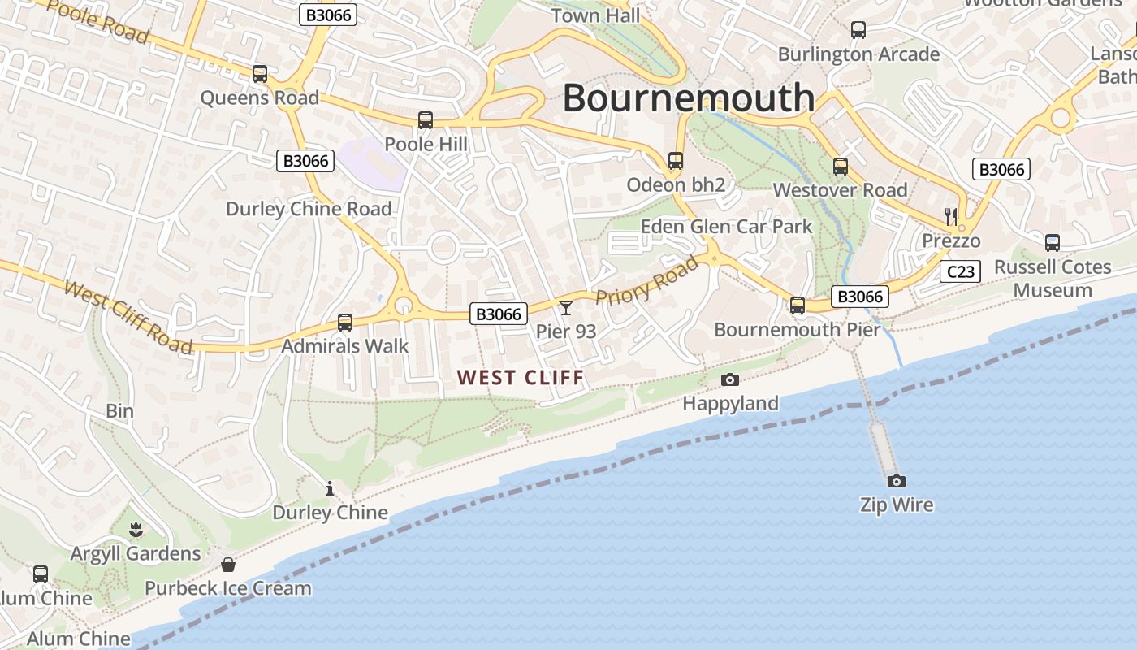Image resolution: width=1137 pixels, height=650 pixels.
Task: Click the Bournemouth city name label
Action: pyautogui.click(x=689, y=97)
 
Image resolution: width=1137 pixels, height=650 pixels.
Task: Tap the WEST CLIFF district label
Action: pyautogui.click(x=521, y=377)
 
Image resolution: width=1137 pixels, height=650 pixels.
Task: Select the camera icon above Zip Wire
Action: pyautogui.click(x=897, y=481)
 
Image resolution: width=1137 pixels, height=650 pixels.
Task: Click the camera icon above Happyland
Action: pyautogui.click(x=730, y=379)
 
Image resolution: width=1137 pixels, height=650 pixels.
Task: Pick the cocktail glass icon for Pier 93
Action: pyautogui.click(x=566, y=307)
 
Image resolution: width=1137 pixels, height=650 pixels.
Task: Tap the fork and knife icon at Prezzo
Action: pyautogui.click(x=951, y=216)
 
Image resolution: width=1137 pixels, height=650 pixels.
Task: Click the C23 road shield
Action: pyautogui.click(x=960, y=271)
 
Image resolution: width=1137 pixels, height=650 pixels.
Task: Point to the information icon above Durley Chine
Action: pyautogui.click(x=330, y=488)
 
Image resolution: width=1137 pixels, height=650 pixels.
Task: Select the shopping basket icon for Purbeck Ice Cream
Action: pyautogui.click(x=228, y=564)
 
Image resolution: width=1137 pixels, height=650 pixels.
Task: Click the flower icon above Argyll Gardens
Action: pyautogui.click(x=136, y=531)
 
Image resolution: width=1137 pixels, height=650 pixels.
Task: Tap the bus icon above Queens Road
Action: pyautogui.click(x=260, y=74)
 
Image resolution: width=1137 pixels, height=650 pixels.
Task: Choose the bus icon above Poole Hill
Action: pyautogui.click(x=426, y=120)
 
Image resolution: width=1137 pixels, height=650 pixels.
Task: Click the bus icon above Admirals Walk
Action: pyautogui.click(x=345, y=323)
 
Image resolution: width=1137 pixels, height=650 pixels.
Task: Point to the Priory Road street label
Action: pyautogui.click(x=646, y=280)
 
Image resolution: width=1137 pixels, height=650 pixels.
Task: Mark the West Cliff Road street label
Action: pyautogui.click(x=128, y=317)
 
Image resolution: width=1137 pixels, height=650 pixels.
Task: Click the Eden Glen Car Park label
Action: pyautogui.click(x=726, y=226)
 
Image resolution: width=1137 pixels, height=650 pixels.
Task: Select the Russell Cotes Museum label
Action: pyautogui.click(x=1053, y=279)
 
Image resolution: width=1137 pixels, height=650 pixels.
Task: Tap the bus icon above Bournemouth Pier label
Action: pyautogui.click(x=798, y=305)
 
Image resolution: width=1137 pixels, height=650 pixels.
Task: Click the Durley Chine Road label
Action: pyautogui.click(x=309, y=209)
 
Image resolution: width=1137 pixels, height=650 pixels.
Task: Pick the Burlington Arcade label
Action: pyautogui.click(x=858, y=54)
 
